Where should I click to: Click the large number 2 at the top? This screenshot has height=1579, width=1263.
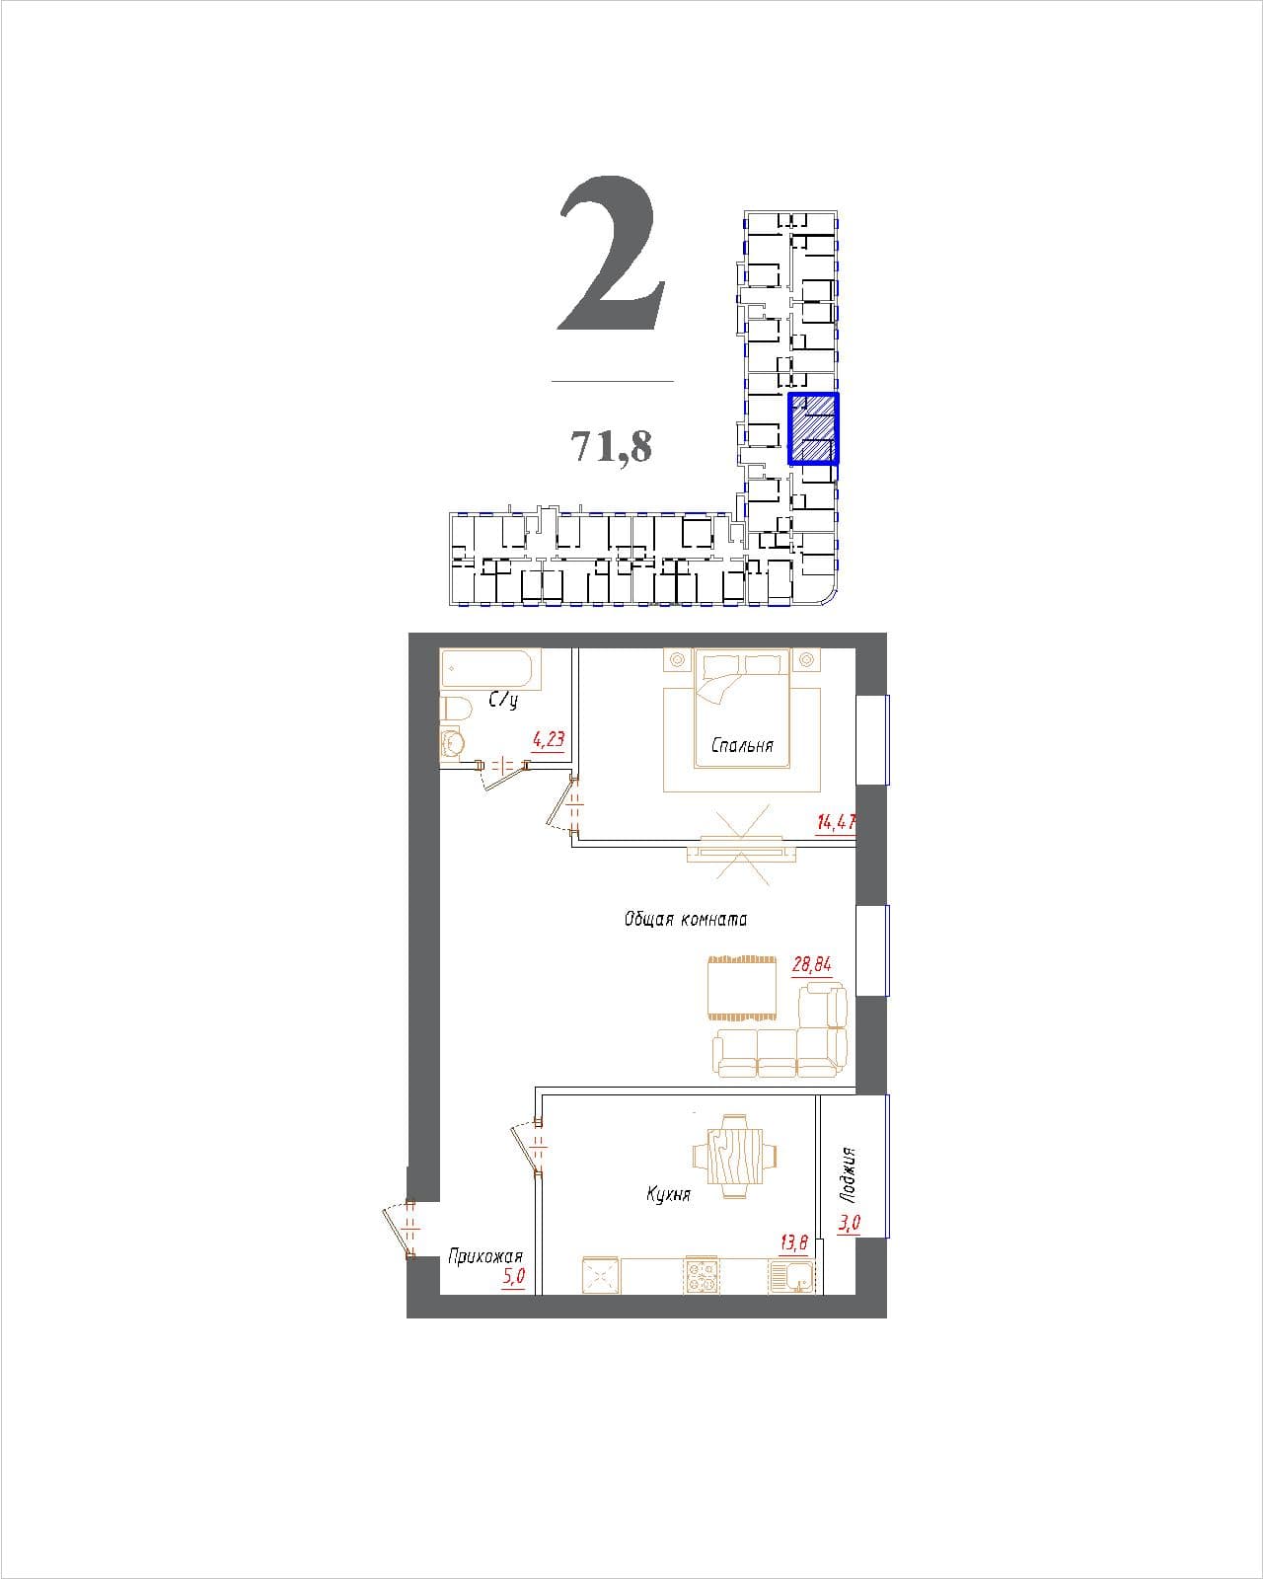coord(612,254)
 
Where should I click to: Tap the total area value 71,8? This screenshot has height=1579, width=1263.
coord(612,445)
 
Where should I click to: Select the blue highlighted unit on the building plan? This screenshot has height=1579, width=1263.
coord(813,428)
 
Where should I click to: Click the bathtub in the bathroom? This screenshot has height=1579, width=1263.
coord(490,668)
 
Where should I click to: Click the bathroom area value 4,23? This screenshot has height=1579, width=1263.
coord(549,739)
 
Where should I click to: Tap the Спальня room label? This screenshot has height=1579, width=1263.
coord(742,745)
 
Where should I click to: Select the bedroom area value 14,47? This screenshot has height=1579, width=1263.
coord(836,821)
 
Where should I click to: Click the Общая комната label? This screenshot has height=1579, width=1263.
coord(686,919)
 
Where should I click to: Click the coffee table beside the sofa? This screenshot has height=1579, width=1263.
coord(742,988)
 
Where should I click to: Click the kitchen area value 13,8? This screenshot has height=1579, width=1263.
coord(793,1242)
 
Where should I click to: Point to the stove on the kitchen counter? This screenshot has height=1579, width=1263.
coord(703,1274)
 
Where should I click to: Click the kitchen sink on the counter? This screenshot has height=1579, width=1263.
coord(792,1275)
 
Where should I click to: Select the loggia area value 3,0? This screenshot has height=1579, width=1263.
coord(850,1223)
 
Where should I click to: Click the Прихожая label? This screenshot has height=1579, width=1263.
coord(485,1257)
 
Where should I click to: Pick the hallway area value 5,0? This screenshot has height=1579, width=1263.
coord(513,1277)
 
